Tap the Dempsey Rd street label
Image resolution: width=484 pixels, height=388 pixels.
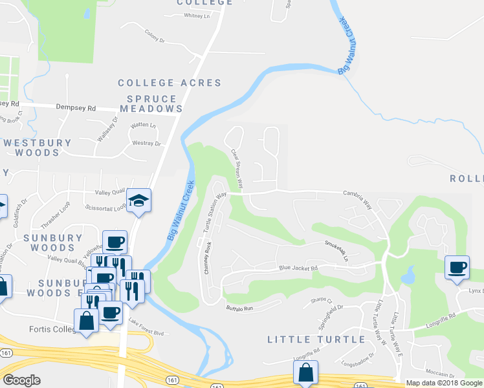point(76,108)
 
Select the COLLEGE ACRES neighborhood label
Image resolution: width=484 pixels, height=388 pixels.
point(170,83)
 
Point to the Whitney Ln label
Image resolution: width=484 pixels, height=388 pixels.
point(197,16)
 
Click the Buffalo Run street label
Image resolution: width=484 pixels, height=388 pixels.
point(238,309)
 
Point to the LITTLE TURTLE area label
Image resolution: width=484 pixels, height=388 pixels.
point(316,339)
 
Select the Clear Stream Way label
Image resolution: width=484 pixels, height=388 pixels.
point(237,169)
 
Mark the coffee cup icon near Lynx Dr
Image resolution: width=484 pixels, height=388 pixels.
point(457,268)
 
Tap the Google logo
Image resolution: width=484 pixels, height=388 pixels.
point(21,380)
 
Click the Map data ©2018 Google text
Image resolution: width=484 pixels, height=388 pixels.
point(443,383)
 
